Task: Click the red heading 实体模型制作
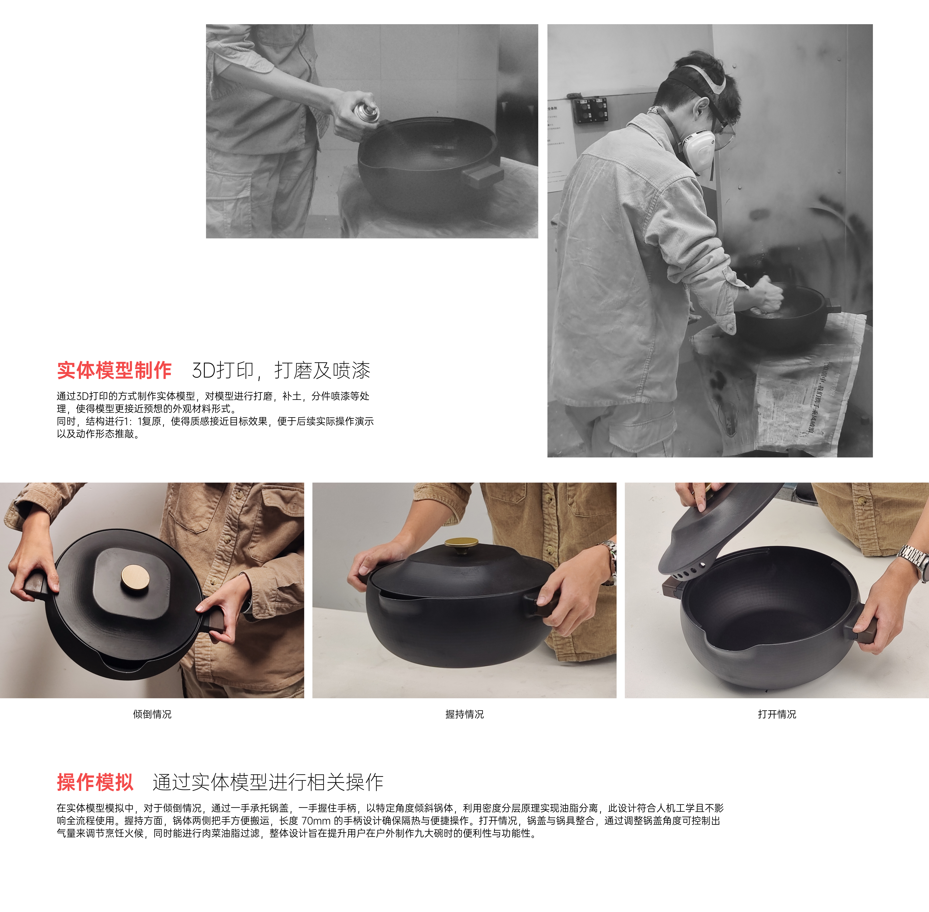coord(114,370)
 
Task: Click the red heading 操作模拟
coord(95,782)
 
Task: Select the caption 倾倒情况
coord(152,714)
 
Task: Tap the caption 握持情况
coord(464,714)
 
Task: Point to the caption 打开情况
coord(777,714)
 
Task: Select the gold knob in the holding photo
coord(461,544)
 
